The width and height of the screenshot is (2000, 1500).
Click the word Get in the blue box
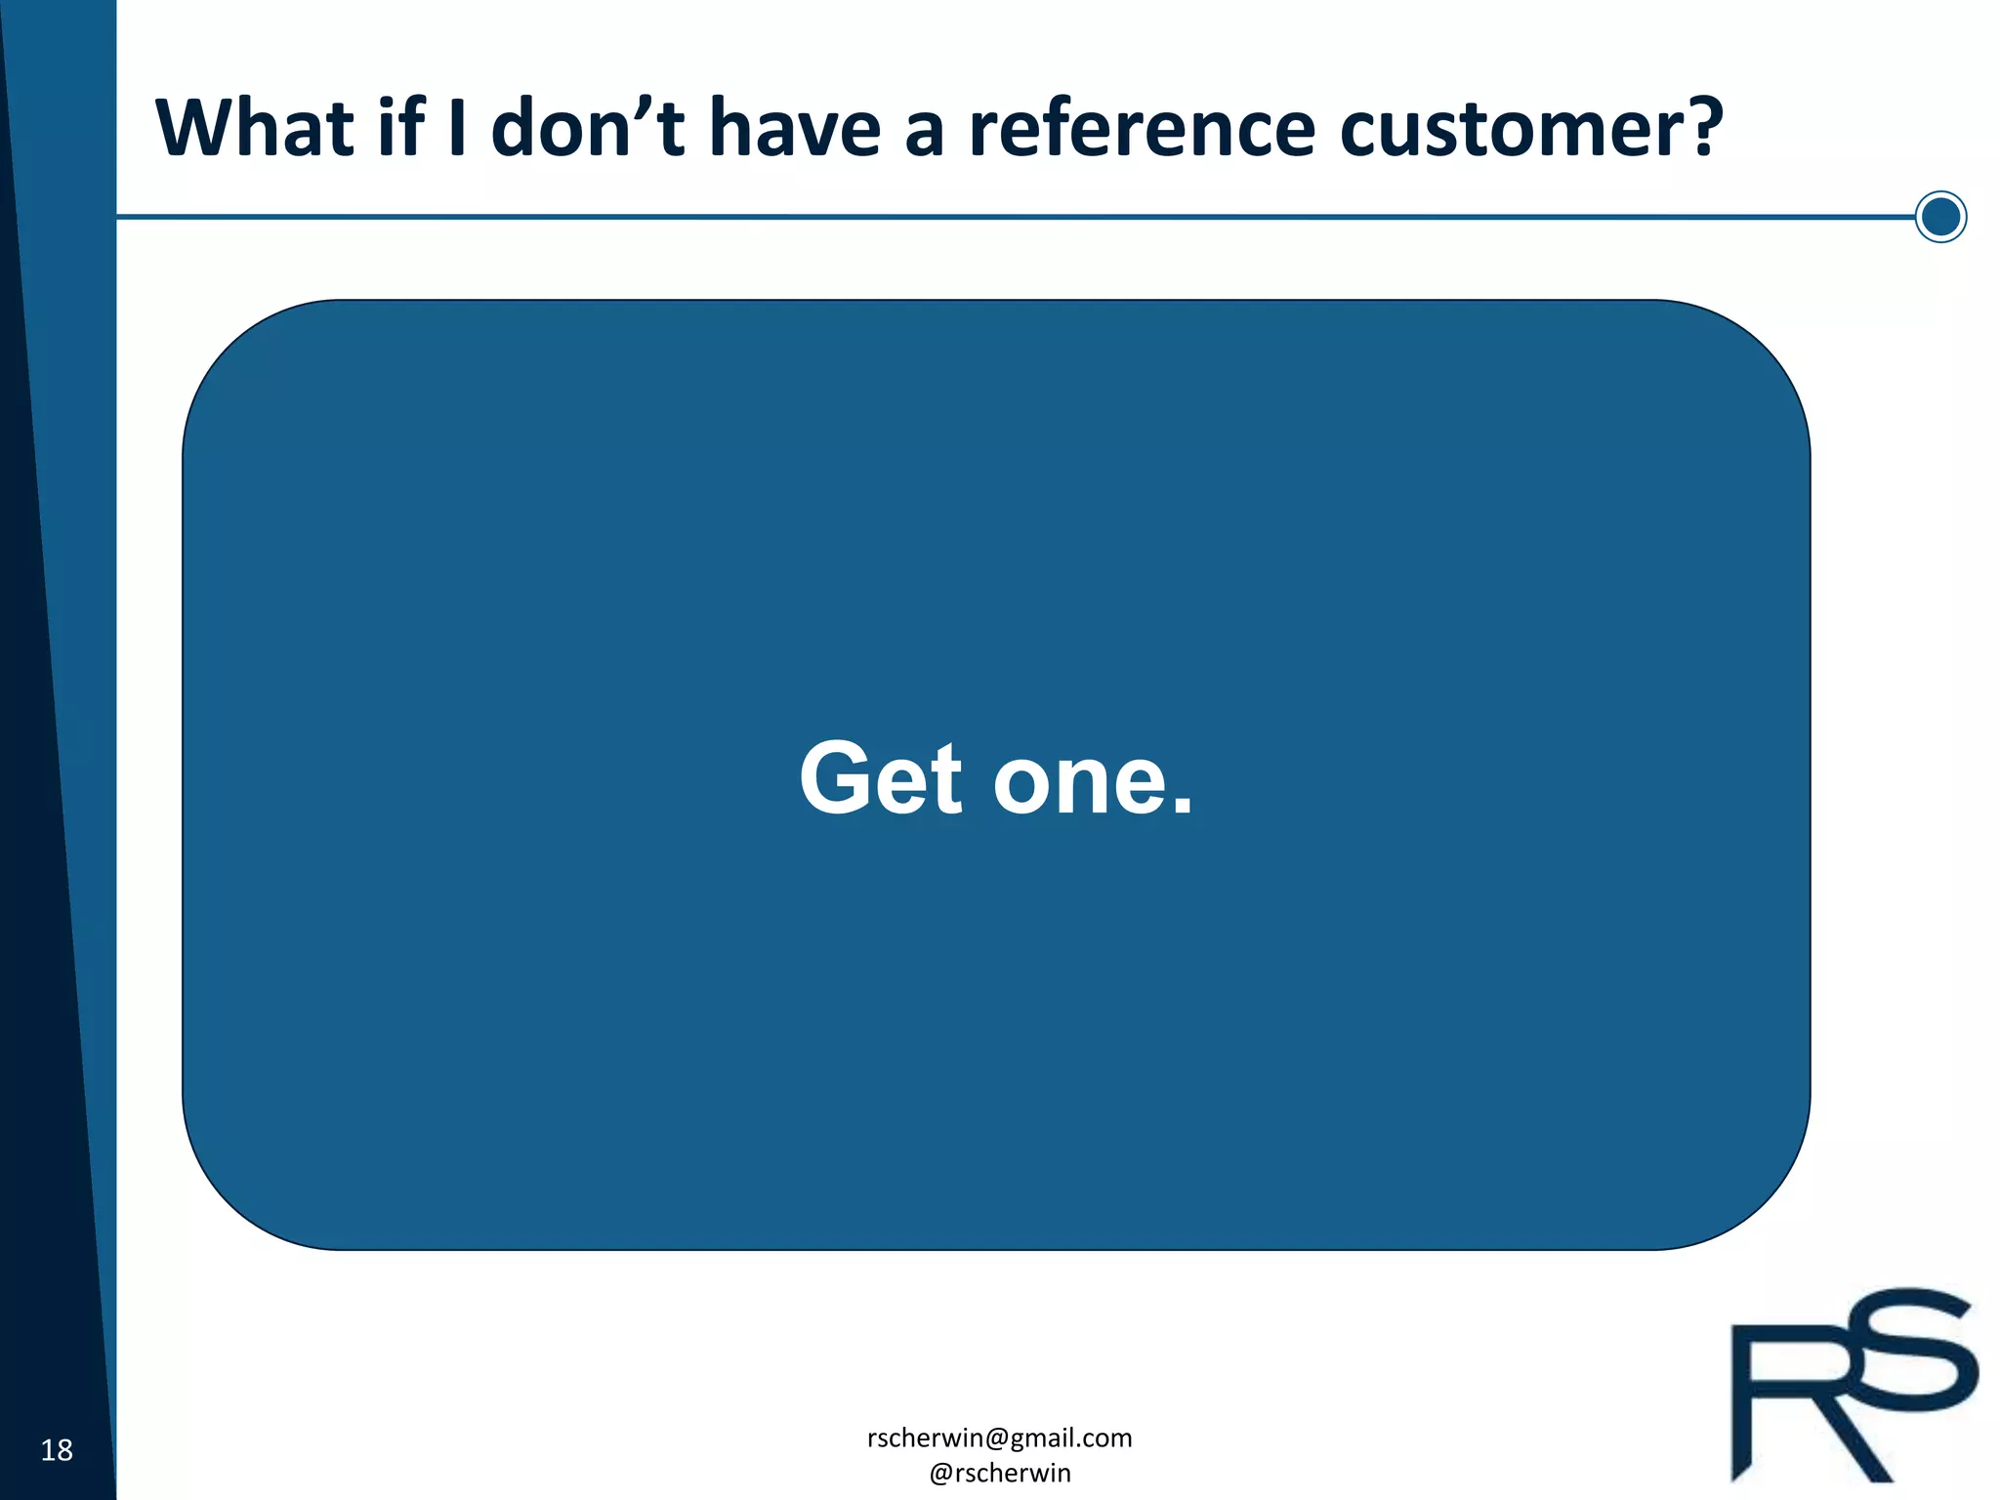[881, 778]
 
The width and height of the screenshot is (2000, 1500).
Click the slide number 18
[57, 1450]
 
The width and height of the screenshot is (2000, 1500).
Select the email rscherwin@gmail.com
[999, 1437]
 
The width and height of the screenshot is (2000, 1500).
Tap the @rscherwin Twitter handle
[999, 1473]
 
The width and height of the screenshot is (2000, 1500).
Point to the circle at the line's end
[1940, 217]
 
